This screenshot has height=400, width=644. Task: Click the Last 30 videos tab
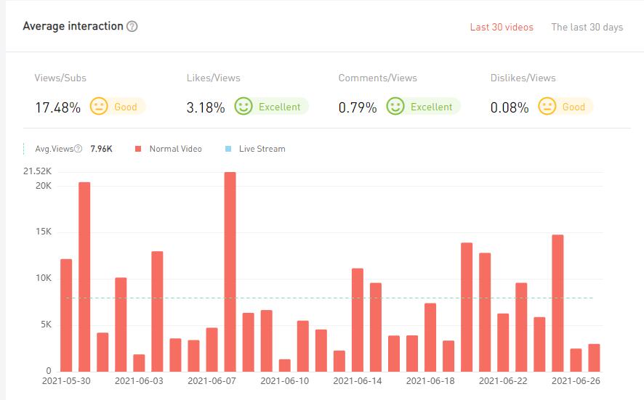[x=502, y=27]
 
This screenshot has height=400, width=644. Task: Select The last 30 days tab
[x=587, y=27]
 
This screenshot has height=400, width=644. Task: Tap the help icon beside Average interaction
[x=132, y=27]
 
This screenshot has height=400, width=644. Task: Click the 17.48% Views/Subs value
[x=57, y=107]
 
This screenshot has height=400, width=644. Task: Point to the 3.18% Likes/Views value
[x=206, y=107]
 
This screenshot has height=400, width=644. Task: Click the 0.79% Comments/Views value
[x=358, y=107]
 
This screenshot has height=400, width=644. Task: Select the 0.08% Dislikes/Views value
[x=510, y=107]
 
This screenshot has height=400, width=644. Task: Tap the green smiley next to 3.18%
[x=243, y=107]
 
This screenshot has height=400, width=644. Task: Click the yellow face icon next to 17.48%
[x=98, y=107]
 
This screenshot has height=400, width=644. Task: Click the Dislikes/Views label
[x=523, y=78]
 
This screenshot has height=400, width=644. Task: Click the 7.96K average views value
[x=101, y=149]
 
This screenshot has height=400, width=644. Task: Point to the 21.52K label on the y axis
[x=37, y=171]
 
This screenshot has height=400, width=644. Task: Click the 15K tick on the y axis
[x=43, y=232]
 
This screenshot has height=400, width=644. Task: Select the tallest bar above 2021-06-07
[x=230, y=272]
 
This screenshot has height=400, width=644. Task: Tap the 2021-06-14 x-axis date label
[x=357, y=380]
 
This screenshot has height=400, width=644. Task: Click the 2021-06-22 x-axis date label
[x=503, y=380]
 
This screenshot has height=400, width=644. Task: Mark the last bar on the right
[x=594, y=357]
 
